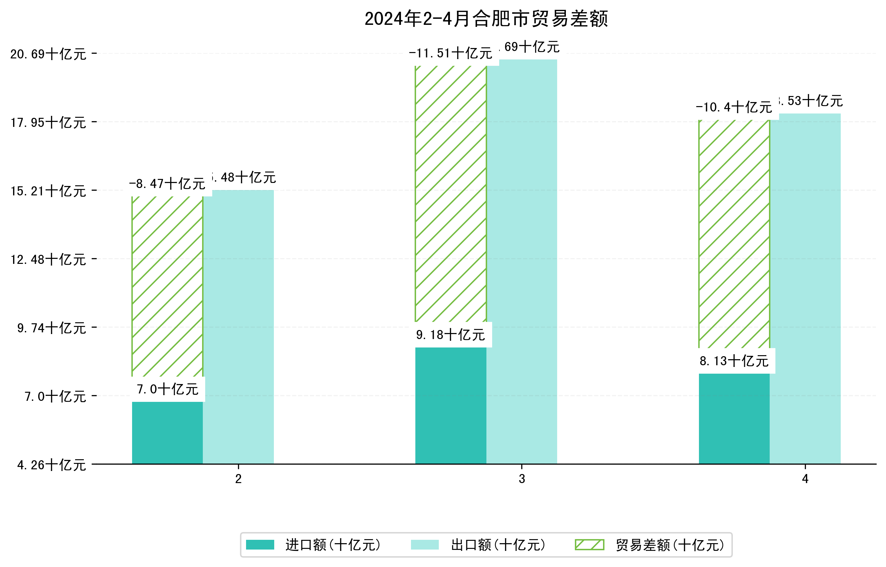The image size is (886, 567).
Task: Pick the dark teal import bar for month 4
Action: click(734, 419)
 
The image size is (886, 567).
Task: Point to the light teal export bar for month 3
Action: click(522, 262)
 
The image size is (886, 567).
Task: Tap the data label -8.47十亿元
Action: click(167, 184)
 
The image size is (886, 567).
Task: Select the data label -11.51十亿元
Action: click(450, 53)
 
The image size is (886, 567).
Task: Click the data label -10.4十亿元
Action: click(734, 107)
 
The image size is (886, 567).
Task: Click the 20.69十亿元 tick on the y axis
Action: click(48, 54)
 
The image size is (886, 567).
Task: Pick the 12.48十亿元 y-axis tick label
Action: click(48, 260)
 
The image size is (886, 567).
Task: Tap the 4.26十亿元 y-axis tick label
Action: click(52, 465)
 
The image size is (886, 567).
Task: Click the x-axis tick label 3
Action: click(522, 479)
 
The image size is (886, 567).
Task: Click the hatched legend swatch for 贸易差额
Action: click(589, 545)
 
